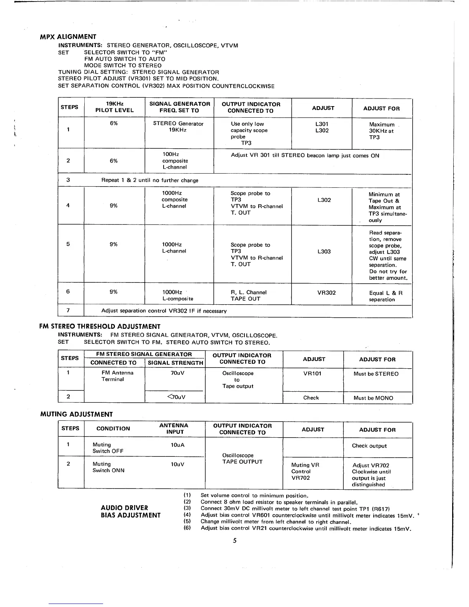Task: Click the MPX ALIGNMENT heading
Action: tap(68, 37)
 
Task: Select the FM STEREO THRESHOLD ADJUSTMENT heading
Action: tap(100, 326)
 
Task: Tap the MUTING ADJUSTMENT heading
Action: tap(77, 414)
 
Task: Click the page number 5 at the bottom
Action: tap(235, 540)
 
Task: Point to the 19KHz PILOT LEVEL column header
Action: tap(114, 107)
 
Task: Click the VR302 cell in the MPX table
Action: tap(326, 293)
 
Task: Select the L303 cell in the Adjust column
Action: tap(324, 251)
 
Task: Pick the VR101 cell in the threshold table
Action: tap(312, 374)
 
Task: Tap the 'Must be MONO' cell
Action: tap(373, 398)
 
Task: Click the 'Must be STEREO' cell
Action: tap(376, 374)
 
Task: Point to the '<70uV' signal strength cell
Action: tap(176, 397)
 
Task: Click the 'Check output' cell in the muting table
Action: tap(369, 446)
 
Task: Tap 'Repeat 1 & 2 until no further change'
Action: tap(150, 180)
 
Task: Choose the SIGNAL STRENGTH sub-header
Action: tap(175, 363)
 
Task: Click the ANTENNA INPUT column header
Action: tap(174, 428)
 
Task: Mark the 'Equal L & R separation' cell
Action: tap(385, 296)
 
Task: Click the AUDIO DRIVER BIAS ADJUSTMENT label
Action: tap(130, 512)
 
